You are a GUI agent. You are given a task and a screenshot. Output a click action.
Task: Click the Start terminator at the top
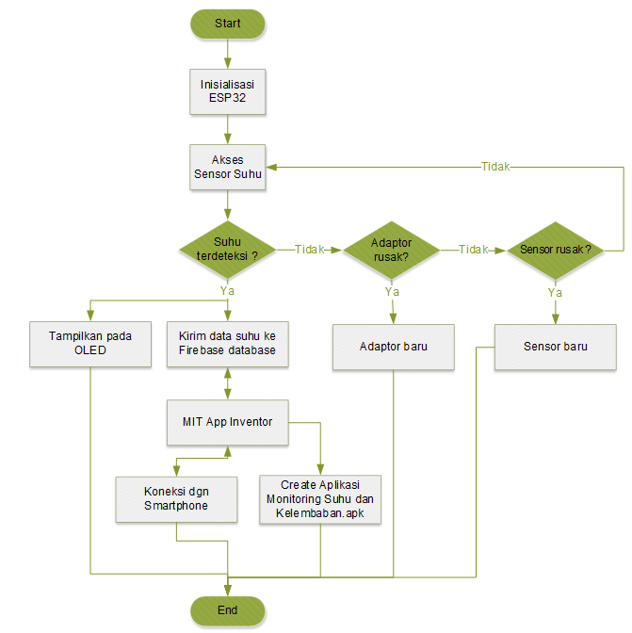[x=227, y=24]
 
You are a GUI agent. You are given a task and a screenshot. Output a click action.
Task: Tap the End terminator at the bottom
[x=227, y=610]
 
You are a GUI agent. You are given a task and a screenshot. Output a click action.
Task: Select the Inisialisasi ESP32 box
[x=227, y=91]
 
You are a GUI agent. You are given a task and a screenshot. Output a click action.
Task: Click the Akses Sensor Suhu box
[x=227, y=167]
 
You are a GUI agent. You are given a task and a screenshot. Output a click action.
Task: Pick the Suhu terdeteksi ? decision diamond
[x=227, y=249]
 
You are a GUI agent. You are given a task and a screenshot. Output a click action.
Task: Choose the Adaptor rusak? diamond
[x=391, y=250]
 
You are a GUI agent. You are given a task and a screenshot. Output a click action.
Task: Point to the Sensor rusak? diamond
[x=555, y=250]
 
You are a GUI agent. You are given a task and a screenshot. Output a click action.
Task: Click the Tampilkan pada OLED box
[x=90, y=344]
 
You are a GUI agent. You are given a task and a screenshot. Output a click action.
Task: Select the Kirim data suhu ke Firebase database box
[x=227, y=344]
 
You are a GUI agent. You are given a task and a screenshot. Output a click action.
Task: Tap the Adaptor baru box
[x=394, y=346]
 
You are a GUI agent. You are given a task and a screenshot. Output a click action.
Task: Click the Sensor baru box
[x=556, y=346]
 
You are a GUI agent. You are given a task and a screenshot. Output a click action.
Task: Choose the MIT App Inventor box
[x=227, y=422]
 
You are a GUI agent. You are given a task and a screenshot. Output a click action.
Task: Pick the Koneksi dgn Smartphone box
[x=176, y=498]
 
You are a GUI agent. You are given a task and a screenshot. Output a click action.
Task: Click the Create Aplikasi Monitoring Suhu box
[x=321, y=499]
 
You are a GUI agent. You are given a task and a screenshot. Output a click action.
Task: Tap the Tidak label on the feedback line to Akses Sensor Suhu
[x=495, y=167]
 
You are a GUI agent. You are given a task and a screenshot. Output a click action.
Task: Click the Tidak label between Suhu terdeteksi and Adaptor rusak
[x=310, y=250]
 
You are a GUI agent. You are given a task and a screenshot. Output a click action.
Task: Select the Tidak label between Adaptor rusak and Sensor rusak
[x=474, y=250]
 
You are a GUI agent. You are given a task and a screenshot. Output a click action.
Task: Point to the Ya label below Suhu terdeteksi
[x=227, y=291]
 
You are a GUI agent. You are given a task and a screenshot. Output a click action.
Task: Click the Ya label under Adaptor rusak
[x=392, y=292]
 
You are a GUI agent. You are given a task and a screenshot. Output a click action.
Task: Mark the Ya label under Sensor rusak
[x=555, y=292]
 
